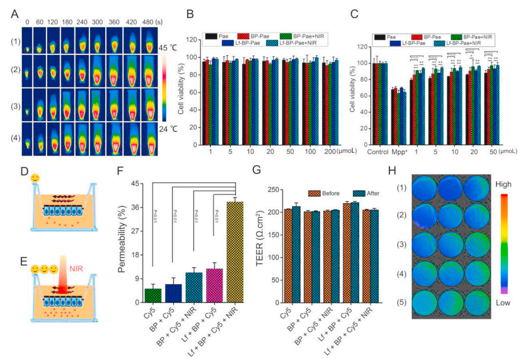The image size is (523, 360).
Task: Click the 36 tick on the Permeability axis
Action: pyautogui.click(x=136, y=208)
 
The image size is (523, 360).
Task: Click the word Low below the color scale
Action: pyautogui.click(x=503, y=303)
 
